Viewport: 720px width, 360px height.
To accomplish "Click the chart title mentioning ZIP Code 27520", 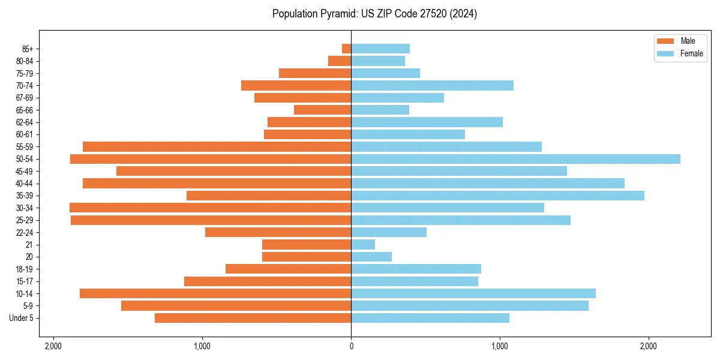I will tap(374, 14).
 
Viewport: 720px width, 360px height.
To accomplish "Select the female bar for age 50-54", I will tap(515, 159).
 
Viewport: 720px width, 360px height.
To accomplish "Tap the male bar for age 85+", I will tap(347, 49).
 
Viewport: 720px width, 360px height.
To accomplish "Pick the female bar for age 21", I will tap(363, 245).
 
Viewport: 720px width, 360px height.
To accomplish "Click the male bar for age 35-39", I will tap(269, 196).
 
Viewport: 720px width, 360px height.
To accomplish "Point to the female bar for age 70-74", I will tap(432, 86).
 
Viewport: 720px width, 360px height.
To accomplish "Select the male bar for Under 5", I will tap(253, 318).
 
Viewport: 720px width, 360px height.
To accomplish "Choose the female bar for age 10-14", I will tap(473, 293).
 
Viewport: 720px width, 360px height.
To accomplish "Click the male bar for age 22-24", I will tap(278, 232).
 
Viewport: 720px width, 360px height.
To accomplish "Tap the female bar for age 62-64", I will tap(427, 122).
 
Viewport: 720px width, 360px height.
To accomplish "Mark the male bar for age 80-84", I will tap(340, 61).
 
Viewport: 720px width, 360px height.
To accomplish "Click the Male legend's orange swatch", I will tap(666, 41).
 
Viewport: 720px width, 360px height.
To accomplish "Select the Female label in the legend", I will tap(691, 53).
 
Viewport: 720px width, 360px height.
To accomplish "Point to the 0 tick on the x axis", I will tap(351, 346).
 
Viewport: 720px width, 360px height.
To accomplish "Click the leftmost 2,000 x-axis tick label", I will tap(53, 346).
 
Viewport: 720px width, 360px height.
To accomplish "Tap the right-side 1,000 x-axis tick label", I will tap(500, 346).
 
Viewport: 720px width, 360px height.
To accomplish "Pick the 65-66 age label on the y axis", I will tap(24, 110).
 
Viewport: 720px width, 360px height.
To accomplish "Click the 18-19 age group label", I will tap(24, 269).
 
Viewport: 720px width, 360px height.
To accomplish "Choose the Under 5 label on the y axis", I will tap(22, 318).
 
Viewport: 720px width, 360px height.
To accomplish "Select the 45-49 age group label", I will tap(24, 171).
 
